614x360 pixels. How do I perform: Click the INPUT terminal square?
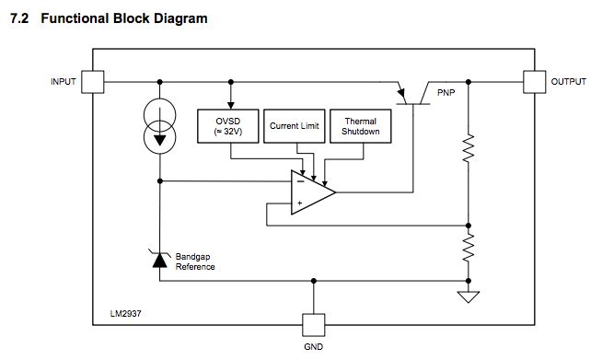tap(93, 82)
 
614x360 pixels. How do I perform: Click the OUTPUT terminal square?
tap(534, 82)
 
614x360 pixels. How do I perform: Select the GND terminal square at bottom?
tap(314, 325)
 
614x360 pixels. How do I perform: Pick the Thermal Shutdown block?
tap(354, 126)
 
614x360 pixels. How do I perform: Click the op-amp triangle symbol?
tap(311, 192)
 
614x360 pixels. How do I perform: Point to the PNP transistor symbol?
tap(411, 96)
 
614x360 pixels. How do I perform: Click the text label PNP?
tap(446, 93)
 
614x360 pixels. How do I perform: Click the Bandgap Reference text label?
tap(195, 261)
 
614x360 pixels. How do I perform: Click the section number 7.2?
tap(19, 18)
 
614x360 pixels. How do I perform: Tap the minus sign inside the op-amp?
tap(300, 181)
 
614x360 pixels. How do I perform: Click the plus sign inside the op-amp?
tap(300, 203)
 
